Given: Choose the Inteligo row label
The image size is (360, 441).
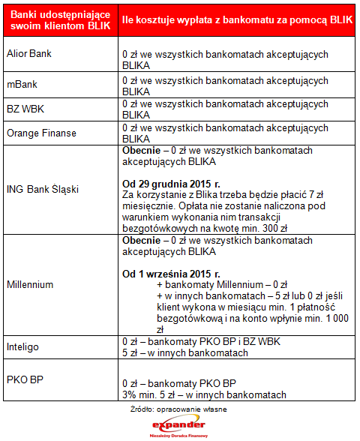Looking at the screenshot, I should pos(23,347).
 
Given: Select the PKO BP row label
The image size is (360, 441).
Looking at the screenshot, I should pos(24,380).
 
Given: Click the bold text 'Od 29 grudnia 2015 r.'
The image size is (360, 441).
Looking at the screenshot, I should pos(171,182).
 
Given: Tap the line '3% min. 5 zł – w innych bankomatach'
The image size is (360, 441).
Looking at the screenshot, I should pos(204,395).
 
